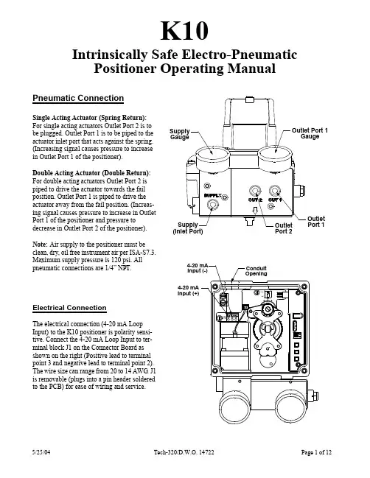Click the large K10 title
coord(184,31)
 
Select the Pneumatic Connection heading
coord(78,98)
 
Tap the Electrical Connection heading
coord(69,308)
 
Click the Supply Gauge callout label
coord(180,134)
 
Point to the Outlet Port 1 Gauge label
coord(310,133)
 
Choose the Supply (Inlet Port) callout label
coord(188,228)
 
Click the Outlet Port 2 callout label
coord(284,228)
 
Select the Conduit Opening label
coord(256,271)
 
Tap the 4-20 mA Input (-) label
coord(198,268)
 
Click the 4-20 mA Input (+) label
coord(188,290)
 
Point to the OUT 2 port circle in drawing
coord(255,191)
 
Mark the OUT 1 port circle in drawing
coord(275,191)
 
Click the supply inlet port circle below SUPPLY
coord(212,205)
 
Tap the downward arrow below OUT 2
coord(255,211)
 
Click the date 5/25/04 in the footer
coord(41,451)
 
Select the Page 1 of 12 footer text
coord(316,452)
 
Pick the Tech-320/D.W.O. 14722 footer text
coord(184,452)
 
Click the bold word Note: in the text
coord(41,245)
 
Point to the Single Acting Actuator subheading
coord(90,118)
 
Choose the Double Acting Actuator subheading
coord(92,173)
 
